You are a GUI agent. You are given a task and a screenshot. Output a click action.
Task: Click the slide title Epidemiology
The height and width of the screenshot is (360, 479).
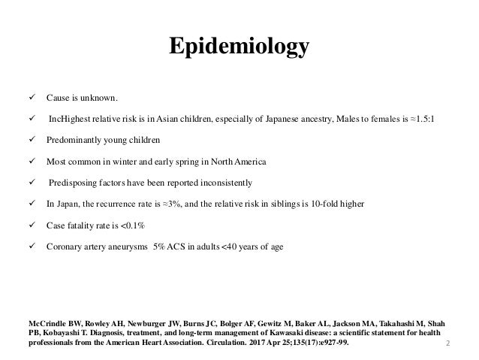239,47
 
